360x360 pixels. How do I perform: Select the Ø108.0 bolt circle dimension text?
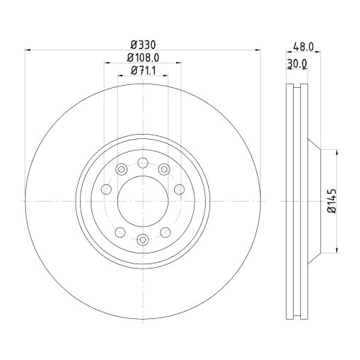[143, 57]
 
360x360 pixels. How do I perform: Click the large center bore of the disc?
[143, 201]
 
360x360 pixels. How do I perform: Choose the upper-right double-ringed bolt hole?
[165, 169]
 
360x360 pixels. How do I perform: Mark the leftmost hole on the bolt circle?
[106, 189]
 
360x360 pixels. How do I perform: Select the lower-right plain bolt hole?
[165, 232]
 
